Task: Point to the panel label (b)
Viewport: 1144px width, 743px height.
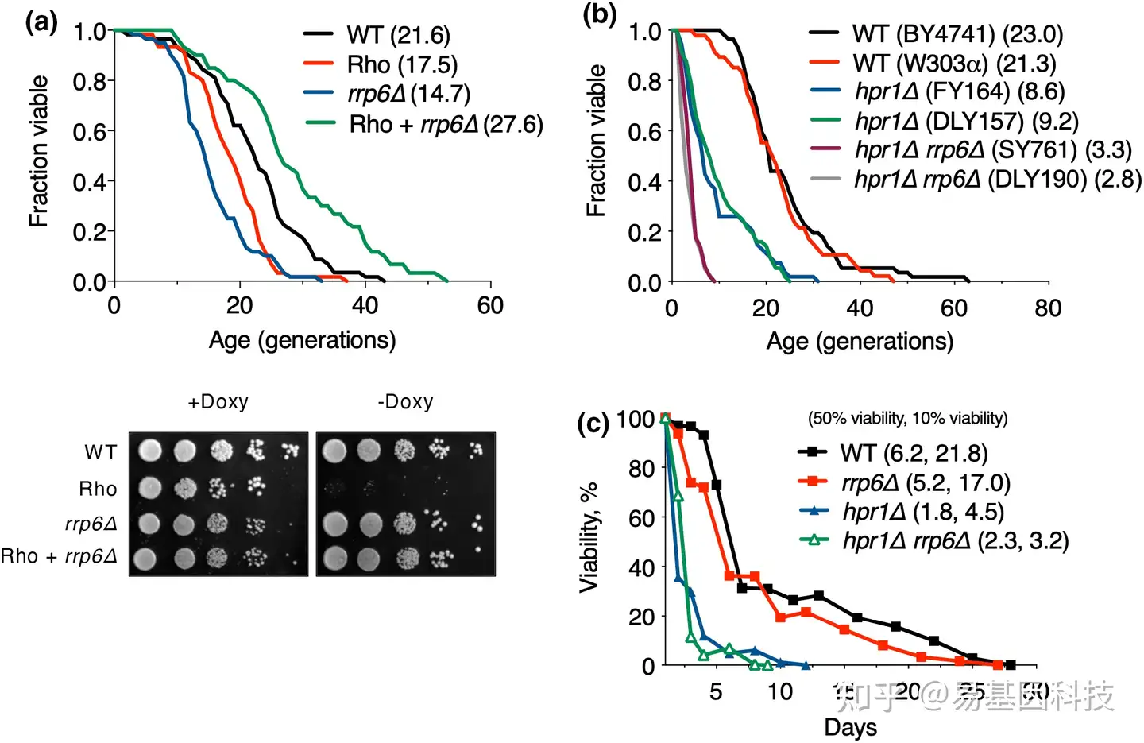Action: click(600, 14)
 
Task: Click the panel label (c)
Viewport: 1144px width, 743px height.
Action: click(593, 423)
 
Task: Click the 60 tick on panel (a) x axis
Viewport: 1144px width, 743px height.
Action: click(490, 306)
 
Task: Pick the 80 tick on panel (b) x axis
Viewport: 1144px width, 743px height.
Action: click(1048, 308)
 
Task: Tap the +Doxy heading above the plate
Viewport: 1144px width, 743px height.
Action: click(218, 402)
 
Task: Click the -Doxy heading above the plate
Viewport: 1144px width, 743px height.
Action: click(405, 402)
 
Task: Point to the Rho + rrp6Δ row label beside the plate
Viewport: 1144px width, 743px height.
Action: click(59, 556)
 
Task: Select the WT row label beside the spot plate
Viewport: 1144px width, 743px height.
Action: click(101, 453)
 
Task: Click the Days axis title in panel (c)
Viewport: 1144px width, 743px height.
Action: click(850, 727)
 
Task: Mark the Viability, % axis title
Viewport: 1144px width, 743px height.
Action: click(589, 537)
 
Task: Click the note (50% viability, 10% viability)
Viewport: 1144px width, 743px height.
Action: click(907, 418)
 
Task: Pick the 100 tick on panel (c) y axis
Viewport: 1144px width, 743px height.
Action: click(635, 419)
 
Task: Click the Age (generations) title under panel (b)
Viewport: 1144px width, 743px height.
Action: click(860, 342)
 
